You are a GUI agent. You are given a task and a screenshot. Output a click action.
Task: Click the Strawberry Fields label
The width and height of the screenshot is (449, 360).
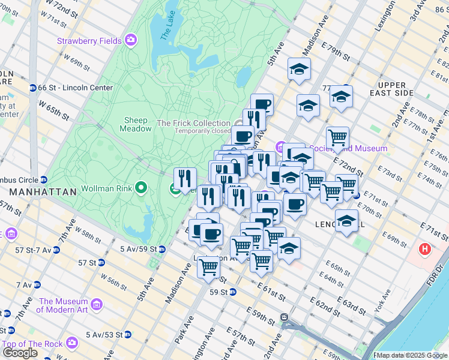(89, 41)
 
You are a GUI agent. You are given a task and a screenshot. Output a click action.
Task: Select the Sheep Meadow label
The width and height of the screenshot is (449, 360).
(136, 124)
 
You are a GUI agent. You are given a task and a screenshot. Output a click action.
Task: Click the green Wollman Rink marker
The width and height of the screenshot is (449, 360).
(141, 188)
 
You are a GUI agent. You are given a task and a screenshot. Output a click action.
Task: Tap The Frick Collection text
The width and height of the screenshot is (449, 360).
(193, 123)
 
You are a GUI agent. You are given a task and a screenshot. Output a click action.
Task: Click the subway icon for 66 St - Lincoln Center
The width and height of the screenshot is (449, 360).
(32, 88)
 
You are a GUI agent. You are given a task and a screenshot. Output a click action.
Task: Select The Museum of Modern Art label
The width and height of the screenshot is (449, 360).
(64, 305)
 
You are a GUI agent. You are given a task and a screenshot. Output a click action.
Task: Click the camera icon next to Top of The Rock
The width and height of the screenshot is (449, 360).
(73, 343)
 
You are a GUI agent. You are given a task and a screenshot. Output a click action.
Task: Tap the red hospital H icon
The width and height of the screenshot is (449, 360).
(425, 248)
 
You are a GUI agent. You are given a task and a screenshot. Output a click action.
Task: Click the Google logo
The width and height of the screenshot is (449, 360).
(19, 352)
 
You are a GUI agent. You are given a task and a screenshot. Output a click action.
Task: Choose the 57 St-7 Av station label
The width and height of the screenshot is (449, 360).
(26, 249)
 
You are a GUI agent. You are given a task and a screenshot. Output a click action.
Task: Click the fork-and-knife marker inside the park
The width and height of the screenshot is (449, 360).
(185, 178)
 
